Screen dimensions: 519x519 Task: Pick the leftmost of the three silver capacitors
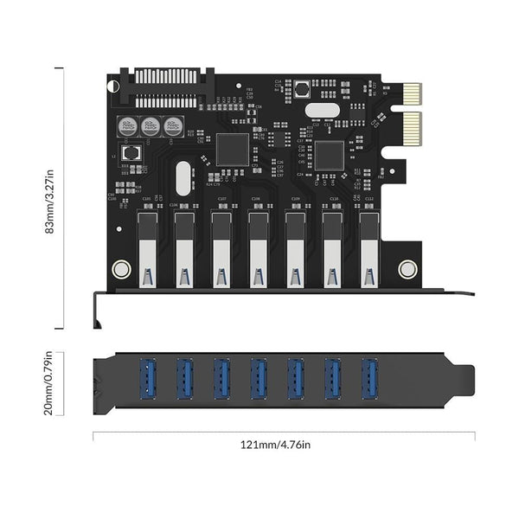127,125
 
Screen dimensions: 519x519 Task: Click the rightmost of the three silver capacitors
174,125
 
